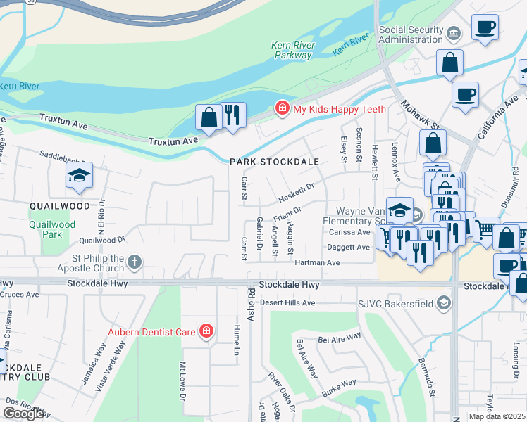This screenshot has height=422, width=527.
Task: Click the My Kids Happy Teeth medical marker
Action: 282,108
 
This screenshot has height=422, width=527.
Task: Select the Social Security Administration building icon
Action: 454,32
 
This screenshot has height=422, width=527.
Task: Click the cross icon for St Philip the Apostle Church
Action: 134,263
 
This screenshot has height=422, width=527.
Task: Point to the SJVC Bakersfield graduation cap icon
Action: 443,303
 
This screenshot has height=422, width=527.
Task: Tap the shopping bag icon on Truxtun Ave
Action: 209,117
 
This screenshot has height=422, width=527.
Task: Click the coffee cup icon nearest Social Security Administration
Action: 485,28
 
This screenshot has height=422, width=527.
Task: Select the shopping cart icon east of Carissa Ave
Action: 485,229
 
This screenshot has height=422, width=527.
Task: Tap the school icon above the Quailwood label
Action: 80,177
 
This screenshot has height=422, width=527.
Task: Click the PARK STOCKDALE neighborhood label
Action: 274,162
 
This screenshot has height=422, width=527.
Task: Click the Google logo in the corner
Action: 24,413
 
